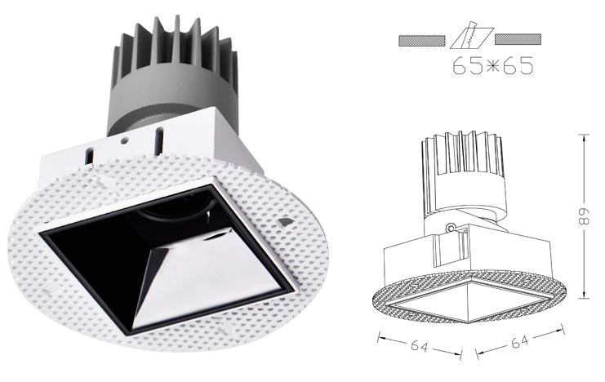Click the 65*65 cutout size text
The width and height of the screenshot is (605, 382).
coord(493,65)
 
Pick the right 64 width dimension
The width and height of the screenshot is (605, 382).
coord(520,341)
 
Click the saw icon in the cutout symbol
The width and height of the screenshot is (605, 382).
coord(472,35)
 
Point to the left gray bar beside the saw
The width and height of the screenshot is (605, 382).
coord(422,40)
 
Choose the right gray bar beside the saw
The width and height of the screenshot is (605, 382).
coord(518,39)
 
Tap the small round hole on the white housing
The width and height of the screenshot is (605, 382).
coord(124,141)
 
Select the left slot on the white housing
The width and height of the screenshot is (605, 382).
coord(90,157)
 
